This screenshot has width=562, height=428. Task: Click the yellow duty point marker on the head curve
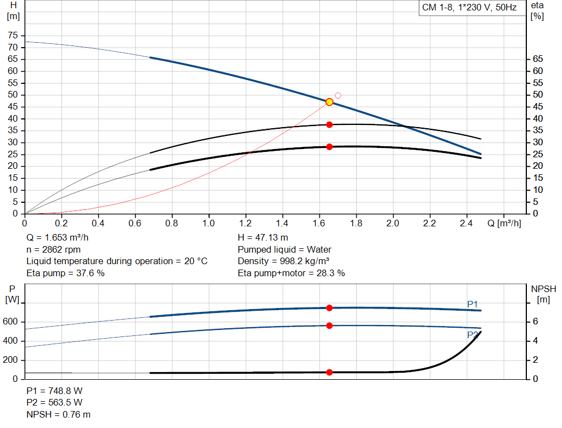click(329, 102)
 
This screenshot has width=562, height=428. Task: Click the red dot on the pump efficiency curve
click(329, 125)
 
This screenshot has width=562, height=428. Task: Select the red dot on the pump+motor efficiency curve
click(329, 147)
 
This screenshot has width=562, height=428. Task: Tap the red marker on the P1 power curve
click(329, 308)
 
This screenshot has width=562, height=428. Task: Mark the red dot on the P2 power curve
click(329, 326)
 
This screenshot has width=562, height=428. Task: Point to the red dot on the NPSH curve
click(329, 372)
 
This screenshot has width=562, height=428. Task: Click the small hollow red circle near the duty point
click(338, 95)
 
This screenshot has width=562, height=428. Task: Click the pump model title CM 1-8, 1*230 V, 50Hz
click(469, 8)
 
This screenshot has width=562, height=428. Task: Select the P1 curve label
click(473, 304)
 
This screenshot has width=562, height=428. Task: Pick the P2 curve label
click(473, 335)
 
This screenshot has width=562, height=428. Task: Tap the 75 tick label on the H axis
click(12, 36)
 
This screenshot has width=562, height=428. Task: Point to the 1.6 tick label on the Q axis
click(319, 224)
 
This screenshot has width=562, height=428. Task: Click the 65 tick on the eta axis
click(537, 59)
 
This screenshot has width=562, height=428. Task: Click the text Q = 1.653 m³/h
click(58, 237)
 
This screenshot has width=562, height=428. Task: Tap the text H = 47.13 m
click(263, 237)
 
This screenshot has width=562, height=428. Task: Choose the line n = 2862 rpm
click(53, 249)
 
